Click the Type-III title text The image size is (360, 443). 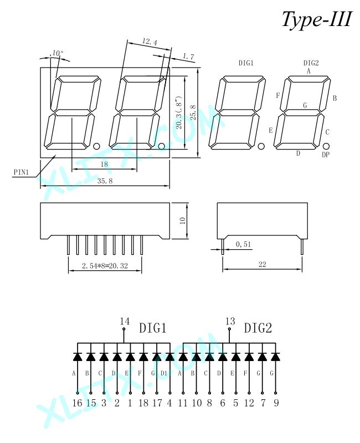(317, 19)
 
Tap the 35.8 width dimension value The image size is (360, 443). (105, 181)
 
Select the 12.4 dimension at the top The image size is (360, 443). (150, 42)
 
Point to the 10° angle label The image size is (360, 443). (58, 53)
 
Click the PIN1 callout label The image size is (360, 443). (22, 172)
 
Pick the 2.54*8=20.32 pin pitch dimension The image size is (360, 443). (105, 266)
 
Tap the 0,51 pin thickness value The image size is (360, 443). (243, 244)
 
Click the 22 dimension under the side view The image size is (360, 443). (262, 264)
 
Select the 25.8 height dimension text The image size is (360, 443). (193, 112)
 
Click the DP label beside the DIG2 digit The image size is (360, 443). (326, 154)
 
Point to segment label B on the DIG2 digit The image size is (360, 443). (335, 98)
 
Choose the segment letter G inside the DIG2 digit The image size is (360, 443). (305, 105)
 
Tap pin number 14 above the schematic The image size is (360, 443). (125, 321)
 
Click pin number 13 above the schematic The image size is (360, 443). (230, 321)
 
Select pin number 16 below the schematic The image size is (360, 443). (77, 403)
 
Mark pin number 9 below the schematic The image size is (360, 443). (276, 403)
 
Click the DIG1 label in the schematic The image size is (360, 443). (153, 328)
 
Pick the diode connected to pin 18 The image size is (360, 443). (143, 357)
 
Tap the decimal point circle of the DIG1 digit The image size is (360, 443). (261, 146)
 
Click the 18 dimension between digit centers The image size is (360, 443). (104, 164)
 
